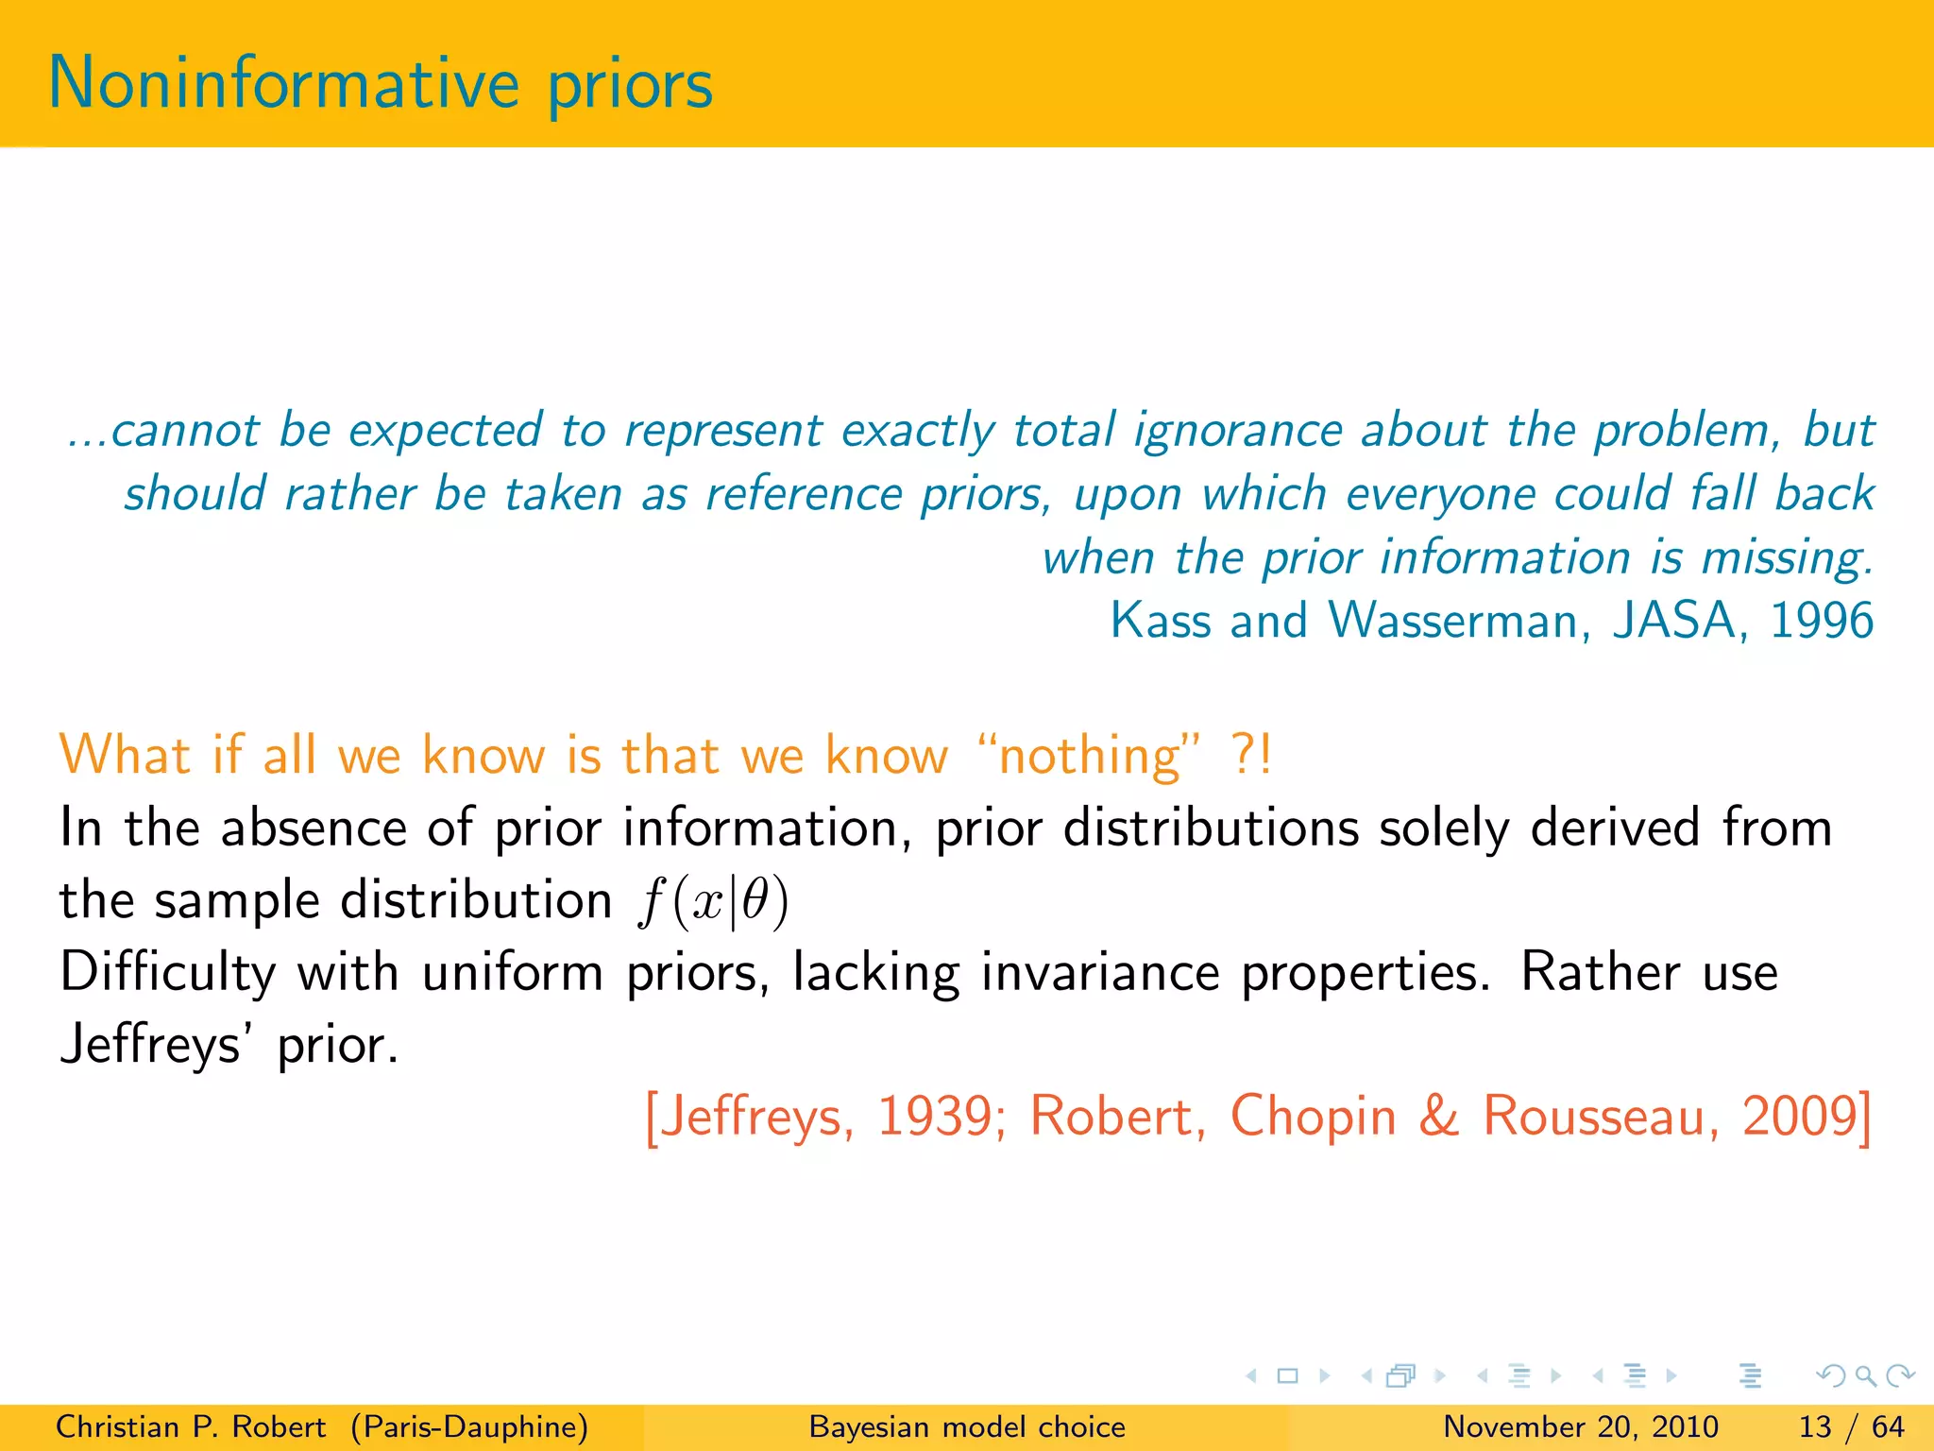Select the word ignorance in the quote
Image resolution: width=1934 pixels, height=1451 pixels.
coord(1238,431)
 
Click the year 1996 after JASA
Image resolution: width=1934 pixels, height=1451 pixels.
coord(1822,621)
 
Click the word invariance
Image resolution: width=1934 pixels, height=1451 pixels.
coord(1100,972)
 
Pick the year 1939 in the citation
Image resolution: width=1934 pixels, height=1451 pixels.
coord(933,1116)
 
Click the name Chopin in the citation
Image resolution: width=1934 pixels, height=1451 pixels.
coord(1313,1116)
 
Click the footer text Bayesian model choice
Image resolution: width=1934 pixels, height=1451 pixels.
coord(967,1426)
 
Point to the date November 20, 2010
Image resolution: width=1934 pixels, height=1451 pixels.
coord(1581,1426)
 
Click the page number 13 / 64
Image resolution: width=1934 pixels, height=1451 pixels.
coord(1851,1426)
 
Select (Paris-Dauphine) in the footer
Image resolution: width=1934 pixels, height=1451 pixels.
coord(469,1426)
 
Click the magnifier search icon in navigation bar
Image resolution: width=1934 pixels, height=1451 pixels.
coord(1865,1376)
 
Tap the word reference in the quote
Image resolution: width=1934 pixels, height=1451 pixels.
coord(804,494)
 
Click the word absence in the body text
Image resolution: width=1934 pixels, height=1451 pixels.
coord(314,828)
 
